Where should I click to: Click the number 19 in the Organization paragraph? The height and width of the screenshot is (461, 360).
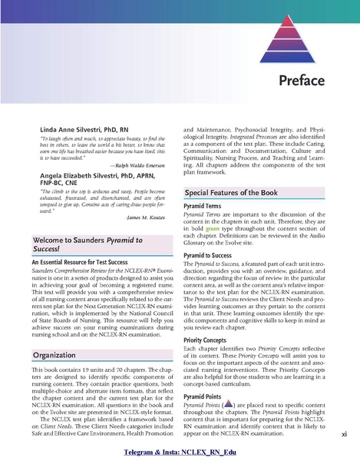[94, 373]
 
